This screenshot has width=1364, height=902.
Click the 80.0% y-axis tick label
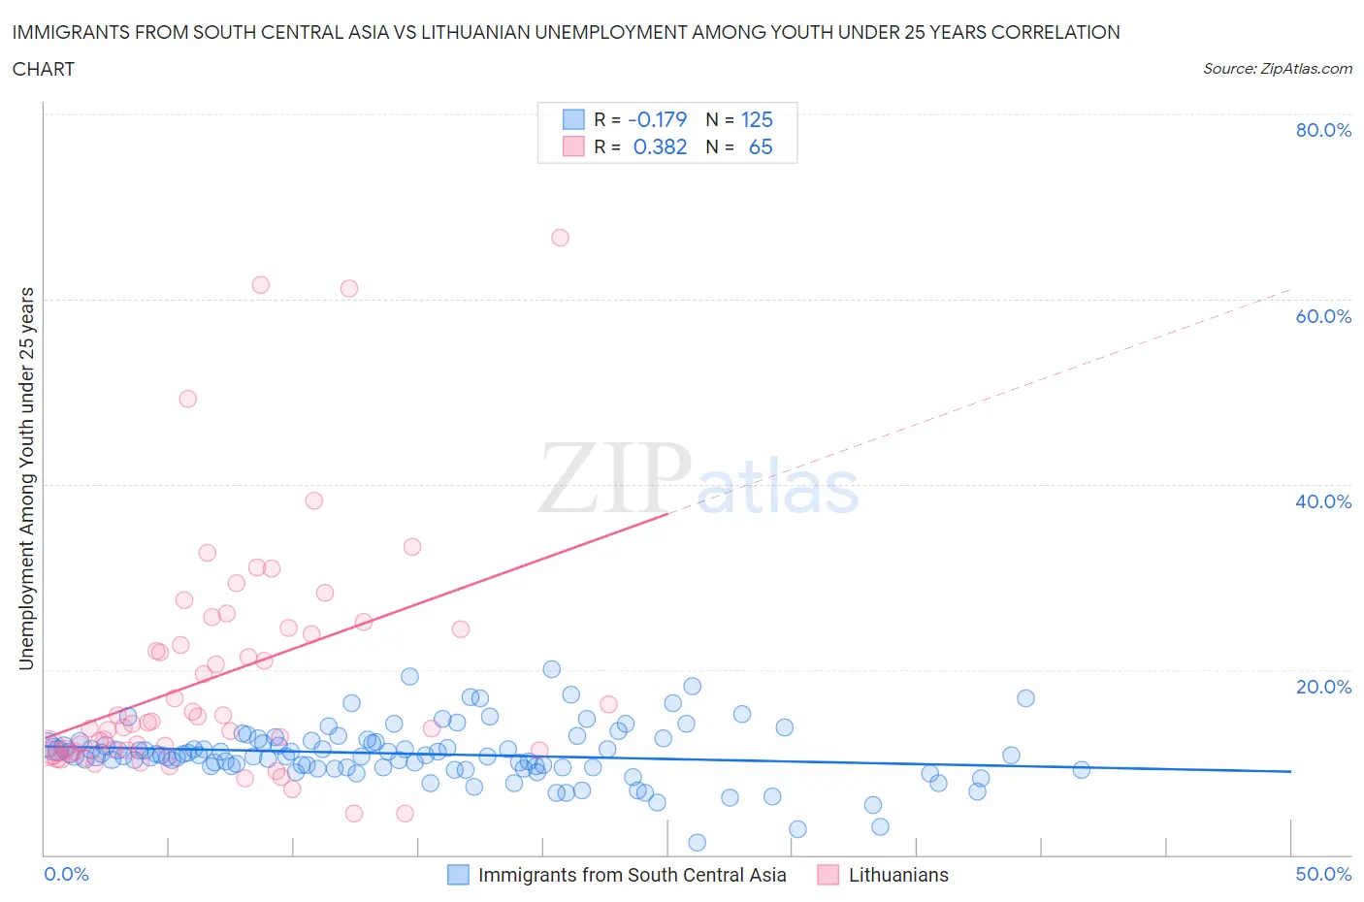tap(1323, 130)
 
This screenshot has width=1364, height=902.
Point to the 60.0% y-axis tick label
tap(1323, 316)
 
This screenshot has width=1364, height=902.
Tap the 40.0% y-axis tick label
tap(1323, 501)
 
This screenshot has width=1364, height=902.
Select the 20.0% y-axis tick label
tap(1323, 687)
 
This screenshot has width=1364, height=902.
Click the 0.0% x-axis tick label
tap(66, 874)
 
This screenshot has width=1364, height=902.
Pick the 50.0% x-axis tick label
tap(1323, 874)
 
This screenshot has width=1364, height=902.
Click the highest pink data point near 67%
tap(560, 238)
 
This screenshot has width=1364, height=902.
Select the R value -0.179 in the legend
tap(658, 119)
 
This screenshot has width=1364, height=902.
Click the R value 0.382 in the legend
tap(660, 146)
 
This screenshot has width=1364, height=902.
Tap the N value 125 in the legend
tap(757, 119)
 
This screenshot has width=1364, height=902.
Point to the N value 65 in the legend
tap(761, 146)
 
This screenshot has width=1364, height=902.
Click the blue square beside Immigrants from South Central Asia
tap(458, 875)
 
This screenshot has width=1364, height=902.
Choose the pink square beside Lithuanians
tap(828, 875)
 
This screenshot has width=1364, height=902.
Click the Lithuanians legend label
tap(898, 875)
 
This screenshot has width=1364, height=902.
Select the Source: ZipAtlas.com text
tap(1277, 68)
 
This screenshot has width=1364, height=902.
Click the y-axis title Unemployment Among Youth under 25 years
tap(26, 479)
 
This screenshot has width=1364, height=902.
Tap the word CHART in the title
tap(44, 69)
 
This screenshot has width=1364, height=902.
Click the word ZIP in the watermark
tap(614, 478)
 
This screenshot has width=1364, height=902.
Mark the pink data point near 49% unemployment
tap(188, 399)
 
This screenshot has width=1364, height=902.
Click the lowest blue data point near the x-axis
tap(697, 842)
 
